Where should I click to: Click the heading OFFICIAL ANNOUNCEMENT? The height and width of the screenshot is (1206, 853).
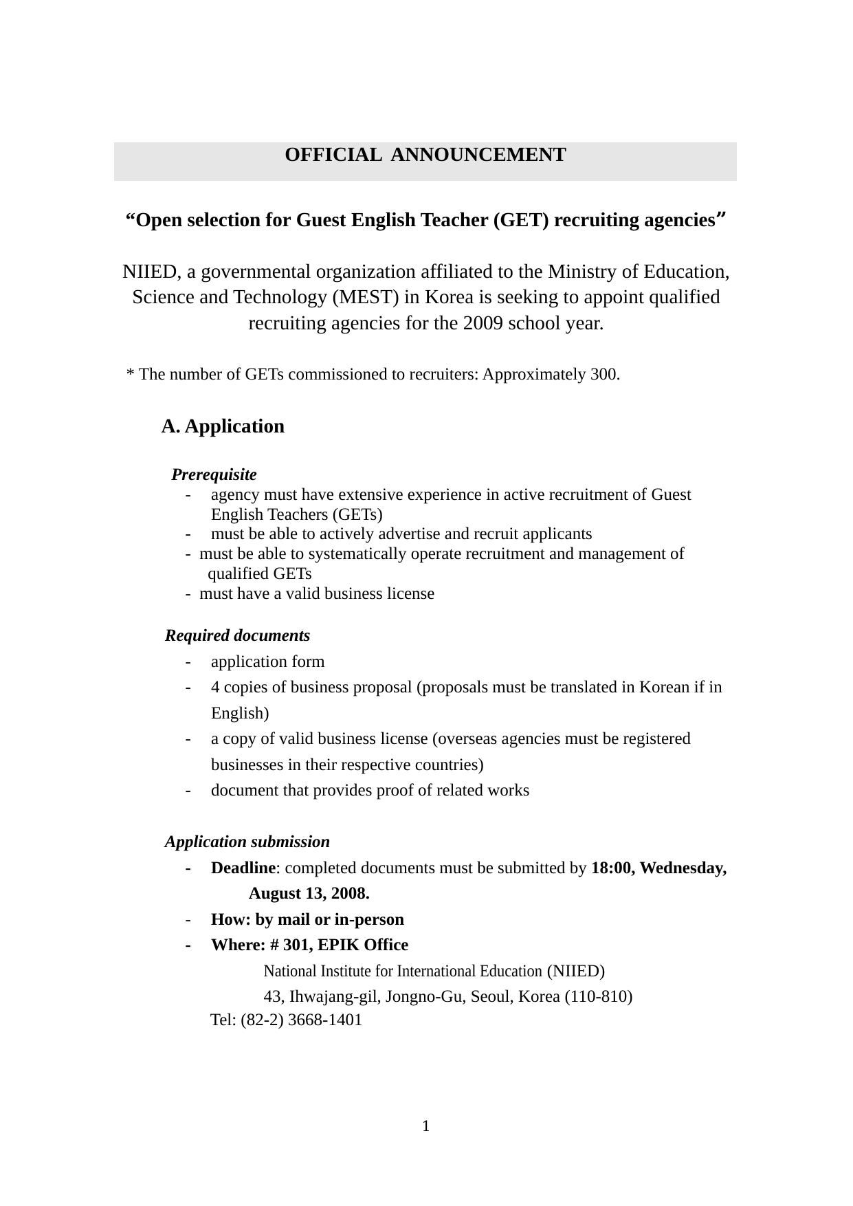(425, 155)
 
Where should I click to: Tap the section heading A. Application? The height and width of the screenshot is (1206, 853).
(223, 426)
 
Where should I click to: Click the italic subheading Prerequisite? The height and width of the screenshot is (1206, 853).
(214, 474)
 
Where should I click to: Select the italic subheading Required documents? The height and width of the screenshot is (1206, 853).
(237, 635)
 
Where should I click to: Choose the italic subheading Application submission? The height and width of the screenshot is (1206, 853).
(247, 842)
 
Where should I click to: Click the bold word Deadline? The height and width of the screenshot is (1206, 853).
(243, 868)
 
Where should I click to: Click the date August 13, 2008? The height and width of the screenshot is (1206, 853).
(309, 893)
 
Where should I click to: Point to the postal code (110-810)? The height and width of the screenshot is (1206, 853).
(599, 996)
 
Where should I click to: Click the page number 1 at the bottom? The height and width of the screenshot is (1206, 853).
(426, 1126)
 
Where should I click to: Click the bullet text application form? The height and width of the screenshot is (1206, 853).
(267, 661)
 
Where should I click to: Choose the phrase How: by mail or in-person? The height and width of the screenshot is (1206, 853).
(307, 919)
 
